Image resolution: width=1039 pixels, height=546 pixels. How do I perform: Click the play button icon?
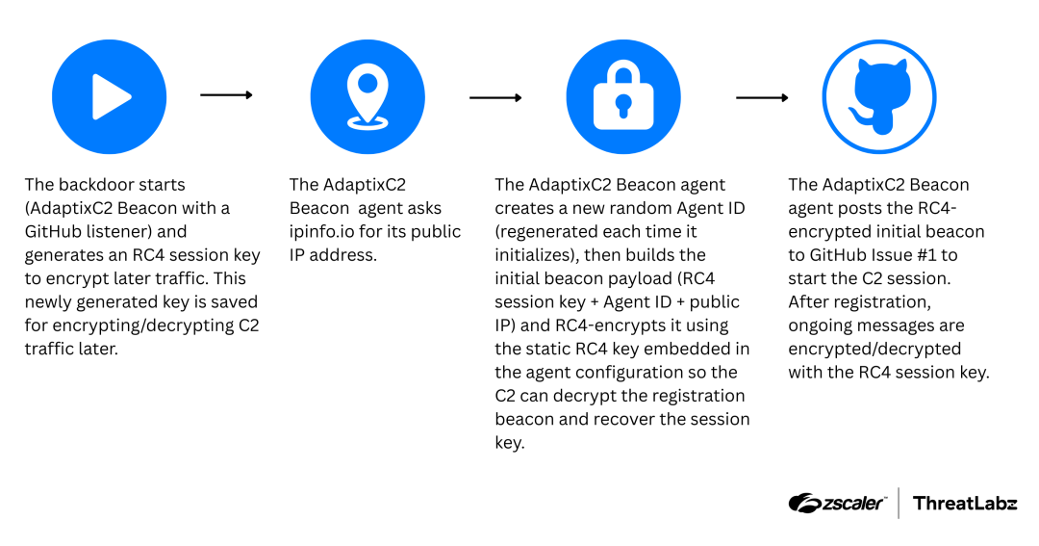tap(109, 96)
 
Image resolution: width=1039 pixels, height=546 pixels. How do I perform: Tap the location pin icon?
tap(367, 96)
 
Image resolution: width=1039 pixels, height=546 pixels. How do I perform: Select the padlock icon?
tap(623, 96)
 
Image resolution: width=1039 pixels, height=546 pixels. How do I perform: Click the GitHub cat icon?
tap(879, 96)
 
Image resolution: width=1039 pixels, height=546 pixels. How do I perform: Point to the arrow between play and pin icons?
tap(226, 95)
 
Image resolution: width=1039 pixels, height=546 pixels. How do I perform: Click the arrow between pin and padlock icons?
tap(495, 97)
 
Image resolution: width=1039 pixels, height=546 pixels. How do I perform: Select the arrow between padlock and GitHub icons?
tap(762, 97)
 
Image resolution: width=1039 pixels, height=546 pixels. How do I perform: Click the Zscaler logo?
tap(836, 503)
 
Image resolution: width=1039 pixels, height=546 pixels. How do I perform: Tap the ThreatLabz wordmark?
tap(964, 503)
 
